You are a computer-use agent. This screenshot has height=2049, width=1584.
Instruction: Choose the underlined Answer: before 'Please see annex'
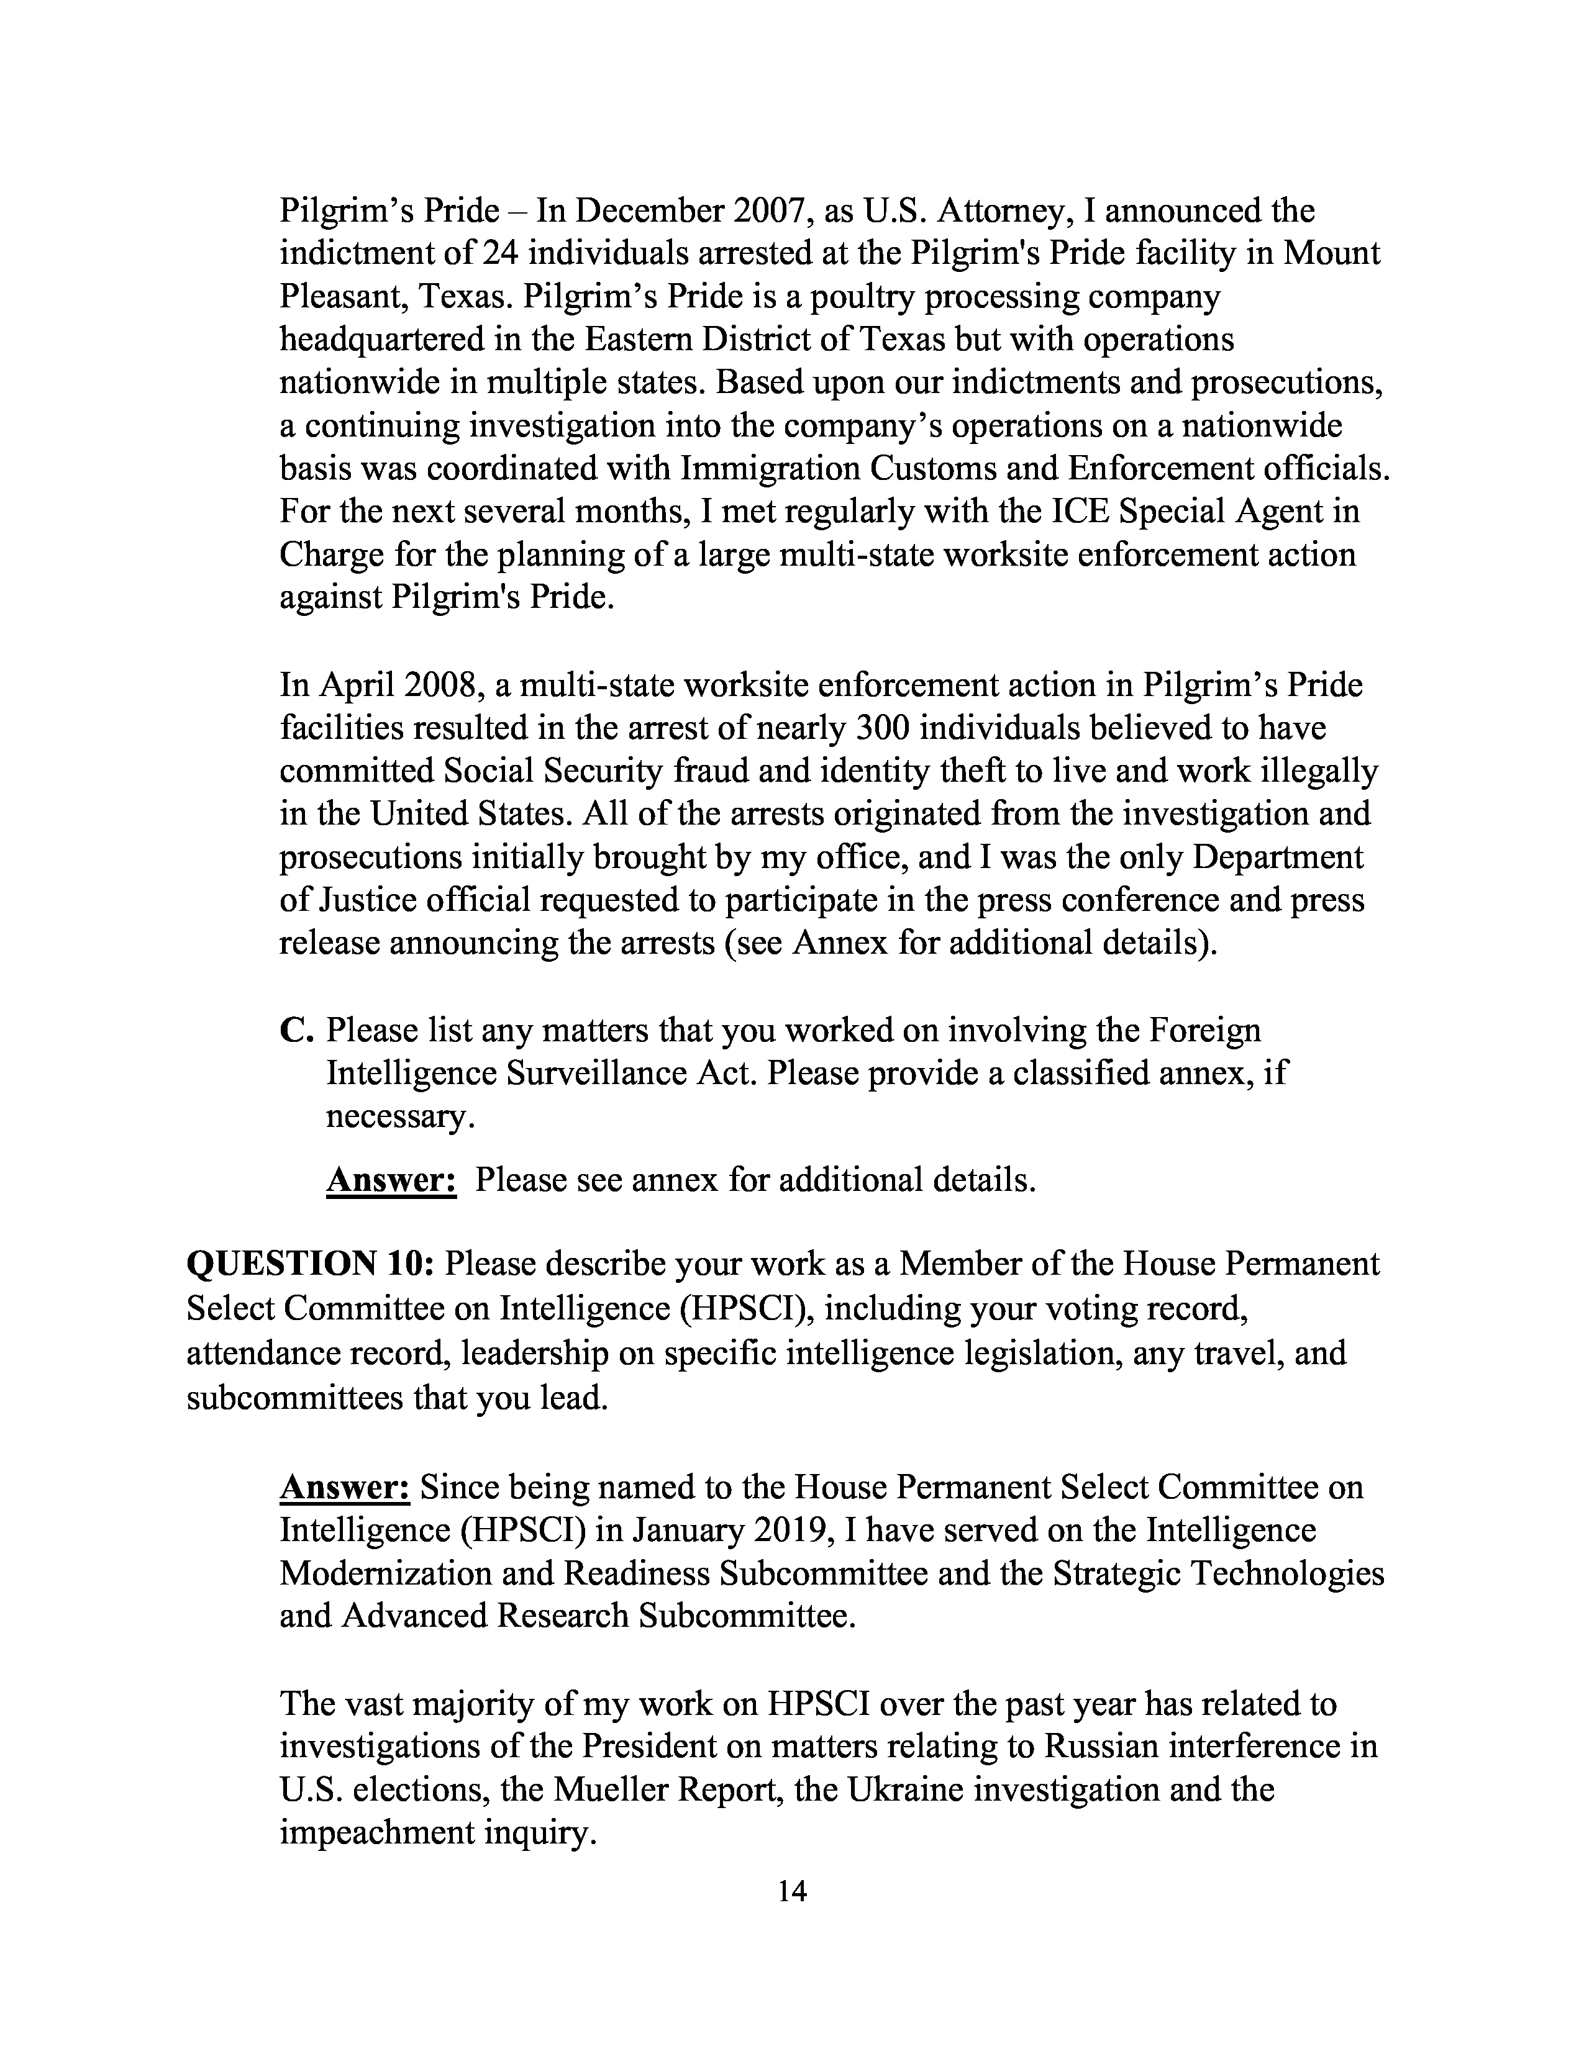(391, 1179)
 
